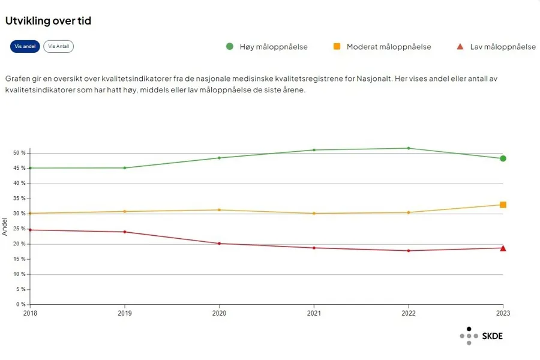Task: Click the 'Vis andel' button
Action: pyautogui.click(x=25, y=47)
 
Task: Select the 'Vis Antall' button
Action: pyautogui.click(x=58, y=47)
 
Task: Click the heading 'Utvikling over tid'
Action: pyautogui.click(x=48, y=21)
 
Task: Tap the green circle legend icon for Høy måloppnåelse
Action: pyautogui.click(x=230, y=47)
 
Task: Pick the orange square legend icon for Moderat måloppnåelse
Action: pyautogui.click(x=337, y=47)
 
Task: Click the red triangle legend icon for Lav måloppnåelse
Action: pyautogui.click(x=460, y=47)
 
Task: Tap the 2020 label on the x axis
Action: pyautogui.click(x=219, y=313)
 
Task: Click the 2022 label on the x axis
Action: pyautogui.click(x=409, y=313)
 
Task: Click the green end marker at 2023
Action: pyautogui.click(x=503, y=158)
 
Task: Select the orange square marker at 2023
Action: pyautogui.click(x=503, y=205)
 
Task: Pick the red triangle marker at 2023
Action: pyautogui.click(x=503, y=248)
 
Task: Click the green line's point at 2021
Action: pyautogui.click(x=314, y=150)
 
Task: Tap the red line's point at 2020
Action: pyautogui.click(x=219, y=244)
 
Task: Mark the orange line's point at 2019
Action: pyautogui.click(x=124, y=211)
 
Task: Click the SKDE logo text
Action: pyautogui.click(x=492, y=336)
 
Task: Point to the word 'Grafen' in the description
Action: pyautogui.click(x=19, y=79)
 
